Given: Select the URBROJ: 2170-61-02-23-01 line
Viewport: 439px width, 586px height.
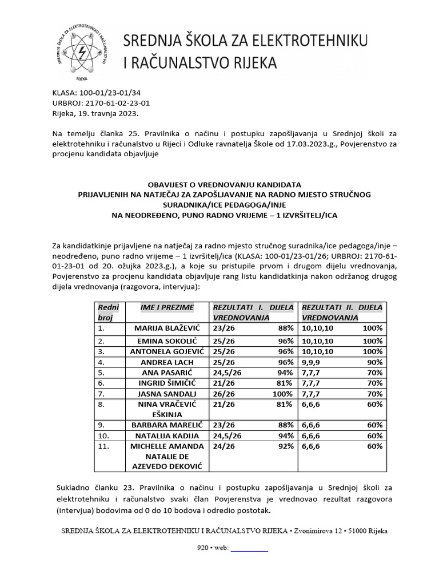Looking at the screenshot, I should pyautogui.click(x=101, y=104).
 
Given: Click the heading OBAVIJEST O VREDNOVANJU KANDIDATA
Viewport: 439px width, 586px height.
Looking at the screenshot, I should pyautogui.click(x=225, y=185).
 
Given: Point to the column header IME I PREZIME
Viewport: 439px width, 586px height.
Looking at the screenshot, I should pyautogui.click(x=167, y=308).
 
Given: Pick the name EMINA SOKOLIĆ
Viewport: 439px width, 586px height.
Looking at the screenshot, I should pyautogui.click(x=167, y=341).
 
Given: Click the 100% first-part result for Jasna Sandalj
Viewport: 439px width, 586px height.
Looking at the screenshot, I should pyautogui.click(x=282, y=394).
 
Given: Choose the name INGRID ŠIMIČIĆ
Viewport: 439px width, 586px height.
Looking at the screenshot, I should pyautogui.click(x=167, y=383).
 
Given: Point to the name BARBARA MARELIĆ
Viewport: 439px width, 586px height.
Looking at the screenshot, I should pyautogui.click(x=167, y=425).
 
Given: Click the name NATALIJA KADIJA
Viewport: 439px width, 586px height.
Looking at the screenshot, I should pyautogui.click(x=167, y=436).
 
